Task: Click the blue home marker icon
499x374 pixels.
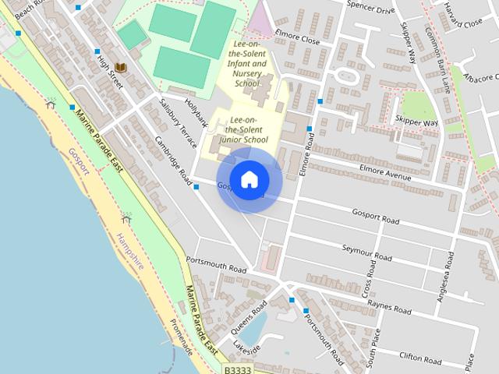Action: coord(249,180)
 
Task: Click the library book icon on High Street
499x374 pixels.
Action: coord(119,67)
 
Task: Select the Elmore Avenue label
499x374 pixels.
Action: coord(384,172)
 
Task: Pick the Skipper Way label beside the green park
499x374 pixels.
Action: coord(439,122)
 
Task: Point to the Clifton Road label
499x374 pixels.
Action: coord(420,358)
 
